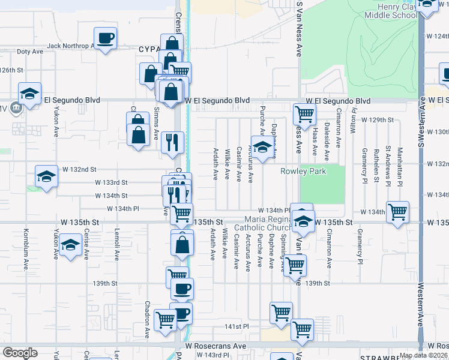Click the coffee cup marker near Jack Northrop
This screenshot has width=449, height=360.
coord(106,39)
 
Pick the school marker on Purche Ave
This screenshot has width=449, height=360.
coord(262,148)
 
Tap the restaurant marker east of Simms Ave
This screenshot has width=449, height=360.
coord(172,142)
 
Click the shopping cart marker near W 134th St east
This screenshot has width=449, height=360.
coord(397,212)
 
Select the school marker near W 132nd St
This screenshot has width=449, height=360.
coord(46,176)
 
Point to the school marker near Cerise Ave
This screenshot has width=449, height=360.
coord(70,245)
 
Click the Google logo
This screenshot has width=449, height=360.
coord(19,353)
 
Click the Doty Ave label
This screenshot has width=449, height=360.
coord(30,52)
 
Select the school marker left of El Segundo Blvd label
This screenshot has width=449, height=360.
coord(29,93)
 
